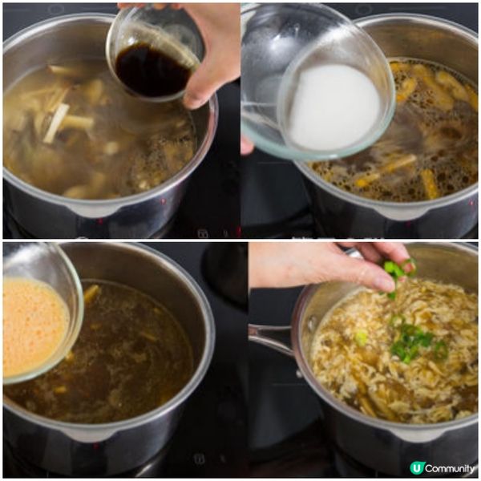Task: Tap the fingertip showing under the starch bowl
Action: point(246,145)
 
